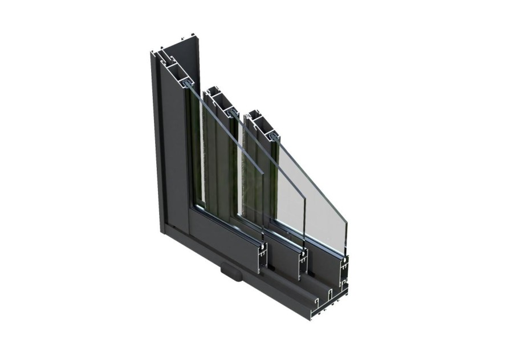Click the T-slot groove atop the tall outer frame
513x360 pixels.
point(165,58)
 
